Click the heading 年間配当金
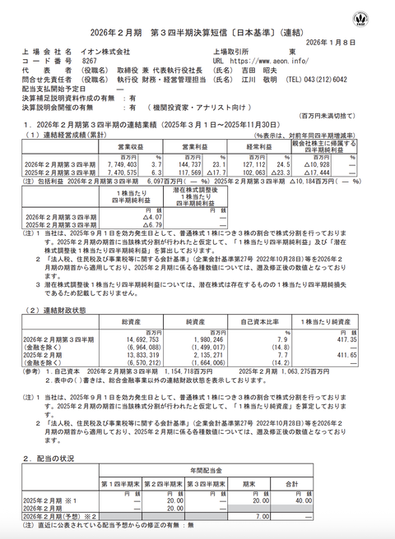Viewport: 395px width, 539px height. (x=204, y=469)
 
